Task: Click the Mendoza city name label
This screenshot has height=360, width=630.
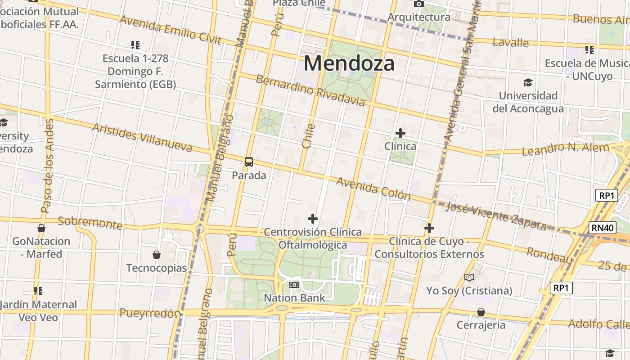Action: pyautogui.click(x=349, y=63)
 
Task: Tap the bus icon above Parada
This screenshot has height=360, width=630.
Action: pyautogui.click(x=249, y=162)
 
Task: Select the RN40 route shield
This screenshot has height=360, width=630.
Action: pyautogui.click(x=603, y=228)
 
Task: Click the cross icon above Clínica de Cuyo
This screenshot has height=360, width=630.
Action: pyautogui.click(x=429, y=229)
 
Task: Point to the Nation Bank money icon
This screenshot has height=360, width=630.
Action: pyautogui.click(x=294, y=285)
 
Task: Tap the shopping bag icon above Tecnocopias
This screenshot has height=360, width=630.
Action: pyautogui.click(x=157, y=255)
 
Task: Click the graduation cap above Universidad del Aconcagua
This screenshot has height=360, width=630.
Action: pyautogui.click(x=528, y=82)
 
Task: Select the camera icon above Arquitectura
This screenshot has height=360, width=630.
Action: pyautogui.click(x=419, y=4)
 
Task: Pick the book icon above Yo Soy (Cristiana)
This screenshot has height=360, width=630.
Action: pyautogui.click(x=469, y=278)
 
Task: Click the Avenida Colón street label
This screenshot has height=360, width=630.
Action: pyautogui.click(x=373, y=188)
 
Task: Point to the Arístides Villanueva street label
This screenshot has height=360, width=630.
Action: pyautogui.click(x=142, y=137)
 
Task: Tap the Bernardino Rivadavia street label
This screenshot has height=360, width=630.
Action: pyautogui.click(x=310, y=90)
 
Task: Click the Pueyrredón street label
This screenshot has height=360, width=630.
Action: pyautogui.click(x=150, y=313)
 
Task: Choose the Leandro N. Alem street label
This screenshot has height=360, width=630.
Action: pyautogui.click(x=565, y=148)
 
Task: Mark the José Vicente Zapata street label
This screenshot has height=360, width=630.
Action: pyautogui.click(x=495, y=216)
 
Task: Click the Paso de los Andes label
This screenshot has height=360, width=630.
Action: pyautogui.click(x=47, y=166)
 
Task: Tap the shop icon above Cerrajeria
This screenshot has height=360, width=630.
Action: pyautogui.click(x=481, y=312)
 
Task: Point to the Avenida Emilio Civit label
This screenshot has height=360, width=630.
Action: pyautogui.click(x=171, y=30)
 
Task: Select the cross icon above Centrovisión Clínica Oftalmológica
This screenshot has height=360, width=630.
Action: pyautogui.click(x=313, y=219)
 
